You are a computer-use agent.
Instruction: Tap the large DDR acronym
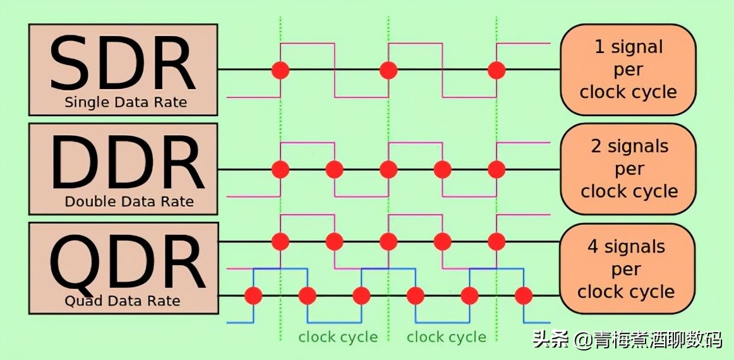[x=126, y=162]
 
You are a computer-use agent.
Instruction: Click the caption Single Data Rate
[x=126, y=102]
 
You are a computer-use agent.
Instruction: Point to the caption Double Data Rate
[x=129, y=202]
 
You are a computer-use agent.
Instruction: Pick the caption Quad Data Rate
[x=123, y=301]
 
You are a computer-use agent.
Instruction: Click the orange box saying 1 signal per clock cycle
[x=628, y=69]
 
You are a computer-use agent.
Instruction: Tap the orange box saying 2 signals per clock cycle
[x=629, y=169]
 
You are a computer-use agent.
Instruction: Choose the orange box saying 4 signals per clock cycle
[x=627, y=269]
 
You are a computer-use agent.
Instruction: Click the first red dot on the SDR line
[x=280, y=69]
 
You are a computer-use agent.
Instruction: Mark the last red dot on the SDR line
[x=496, y=69]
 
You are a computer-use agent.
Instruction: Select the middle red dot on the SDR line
[x=388, y=69]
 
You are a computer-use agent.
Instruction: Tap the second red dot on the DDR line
[x=334, y=169]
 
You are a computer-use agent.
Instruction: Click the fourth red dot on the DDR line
[x=443, y=169]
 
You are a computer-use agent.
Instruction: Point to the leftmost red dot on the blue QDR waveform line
[x=253, y=295]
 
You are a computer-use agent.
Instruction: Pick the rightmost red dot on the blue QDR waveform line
[x=523, y=295]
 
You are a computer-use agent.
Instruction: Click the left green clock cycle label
[x=338, y=337]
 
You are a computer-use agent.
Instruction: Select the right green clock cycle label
[x=447, y=337]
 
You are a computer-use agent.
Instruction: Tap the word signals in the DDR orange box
[x=638, y=147]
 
